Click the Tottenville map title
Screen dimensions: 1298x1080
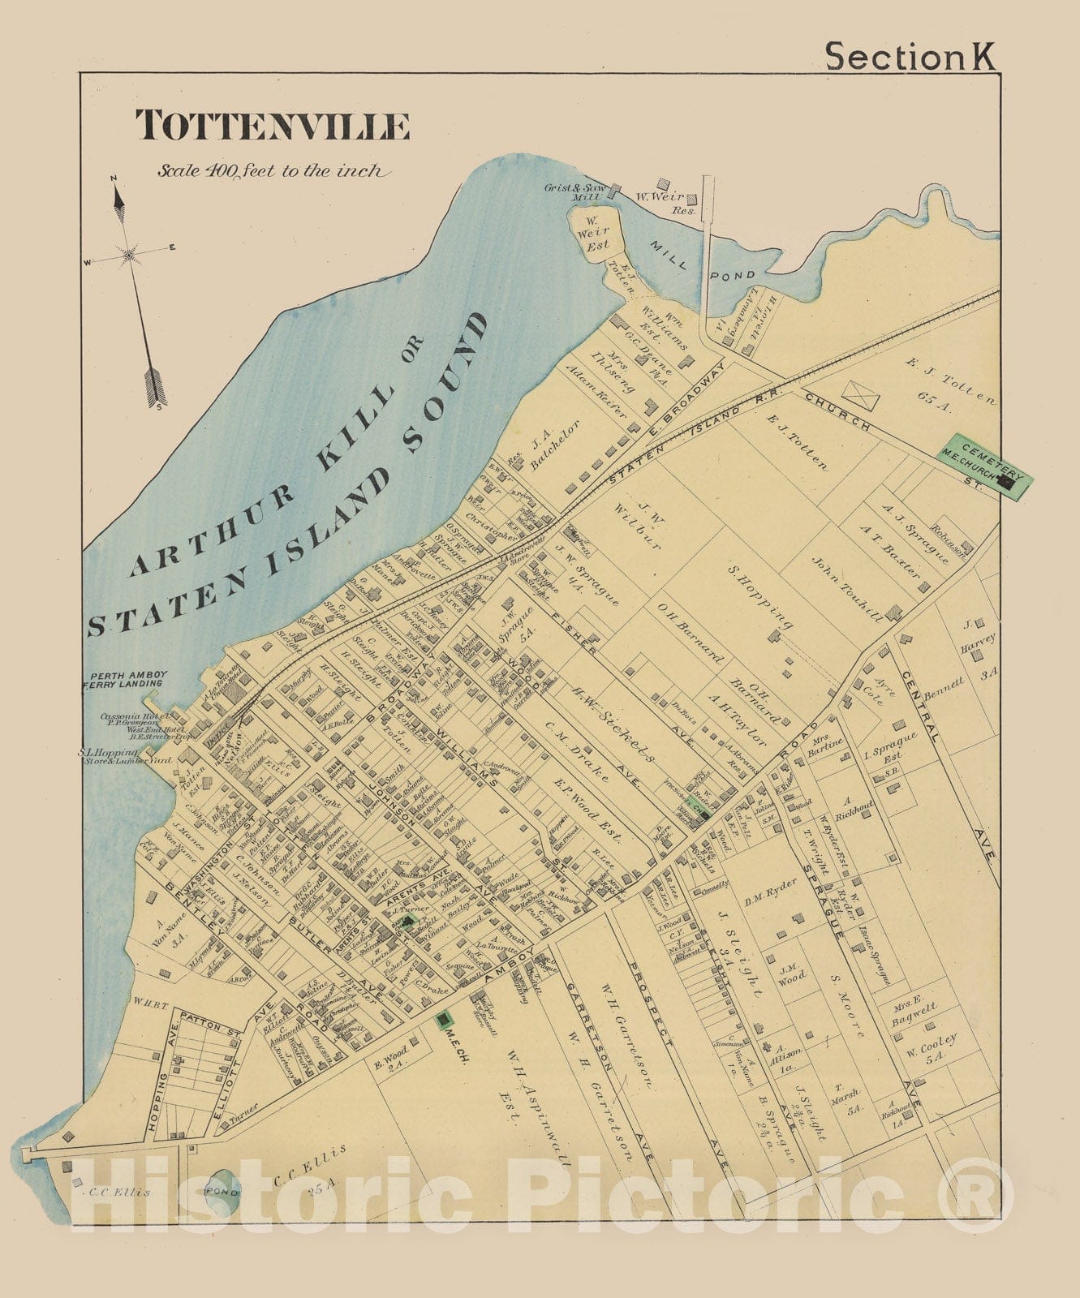pyautogui.click(x=272, y=126)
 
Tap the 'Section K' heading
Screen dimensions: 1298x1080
pyautogui.click(x=909, y=57)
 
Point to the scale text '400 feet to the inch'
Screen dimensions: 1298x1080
pyautogui.click(x=274, y=171)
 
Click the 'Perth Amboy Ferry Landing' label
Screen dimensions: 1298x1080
pyautogui.click(x=128, y=679)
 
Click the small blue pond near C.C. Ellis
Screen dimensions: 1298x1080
pyautogui.click(x=222, y=1191)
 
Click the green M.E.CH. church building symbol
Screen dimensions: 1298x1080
pyautogui.click(x=444, y=1019)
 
